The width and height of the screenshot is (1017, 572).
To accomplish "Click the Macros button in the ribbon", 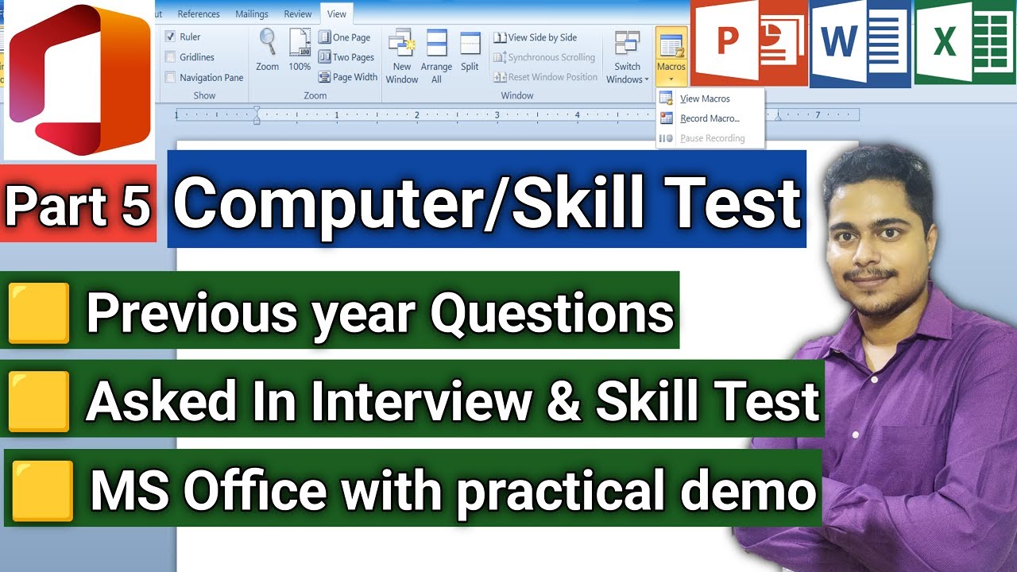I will coord(671,56).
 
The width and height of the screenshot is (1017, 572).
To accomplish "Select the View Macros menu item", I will coord(704,99).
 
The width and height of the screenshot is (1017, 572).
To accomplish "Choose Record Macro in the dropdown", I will coord(709,118).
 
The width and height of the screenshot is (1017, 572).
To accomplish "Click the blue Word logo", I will coord(860,43).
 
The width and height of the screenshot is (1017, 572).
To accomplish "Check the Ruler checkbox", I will coord(171,37).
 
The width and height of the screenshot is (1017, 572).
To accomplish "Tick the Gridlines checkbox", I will coord(171,57).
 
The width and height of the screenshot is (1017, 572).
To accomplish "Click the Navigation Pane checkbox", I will coord(171,77).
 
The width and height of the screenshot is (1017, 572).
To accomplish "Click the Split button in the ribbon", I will coord(470,53).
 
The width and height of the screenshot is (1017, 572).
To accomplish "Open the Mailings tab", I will coord(251,14).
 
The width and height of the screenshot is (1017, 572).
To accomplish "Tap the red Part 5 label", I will coord(78,204).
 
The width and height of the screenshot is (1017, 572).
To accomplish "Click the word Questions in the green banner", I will coord(551,313).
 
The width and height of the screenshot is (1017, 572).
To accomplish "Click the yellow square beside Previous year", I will coord(38,315).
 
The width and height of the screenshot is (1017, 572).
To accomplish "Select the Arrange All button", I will coord(436,56).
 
